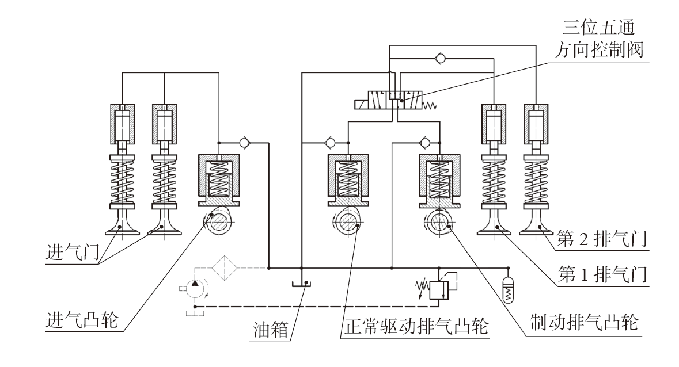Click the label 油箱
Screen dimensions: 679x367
click(x=271, y=330)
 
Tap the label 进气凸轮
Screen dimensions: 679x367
click(x=82, y=320)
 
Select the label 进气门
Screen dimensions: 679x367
click(x=73, y=251)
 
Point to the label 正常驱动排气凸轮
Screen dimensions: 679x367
click(x=416, y=326)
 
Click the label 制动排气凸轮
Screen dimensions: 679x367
click(x=584, y=323)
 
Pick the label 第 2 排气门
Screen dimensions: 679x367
click(x=601, y=239)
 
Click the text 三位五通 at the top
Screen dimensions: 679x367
click(x=598, y=28)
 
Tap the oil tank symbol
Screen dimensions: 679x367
click(x=301, y=284)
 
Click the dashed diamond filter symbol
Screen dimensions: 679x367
click(x=225, y=268)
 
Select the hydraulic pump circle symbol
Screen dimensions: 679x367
click(x=195, y=288)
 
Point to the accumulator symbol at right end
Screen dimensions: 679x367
click(x=509, y=290)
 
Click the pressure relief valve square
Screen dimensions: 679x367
click(x=438, y=289)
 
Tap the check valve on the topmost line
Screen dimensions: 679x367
click(x=441, y=58)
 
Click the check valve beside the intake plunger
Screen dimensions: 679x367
click(x=244, y=142)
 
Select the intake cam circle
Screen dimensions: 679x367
click(x=219, y=222)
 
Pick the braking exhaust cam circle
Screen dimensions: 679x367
click(x=438, y=222)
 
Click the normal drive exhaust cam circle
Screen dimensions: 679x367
click(x=347, y=222)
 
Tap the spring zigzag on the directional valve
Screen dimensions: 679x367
click(x=430, y=105)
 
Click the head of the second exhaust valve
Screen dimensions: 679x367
click(x=536, y=228)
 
